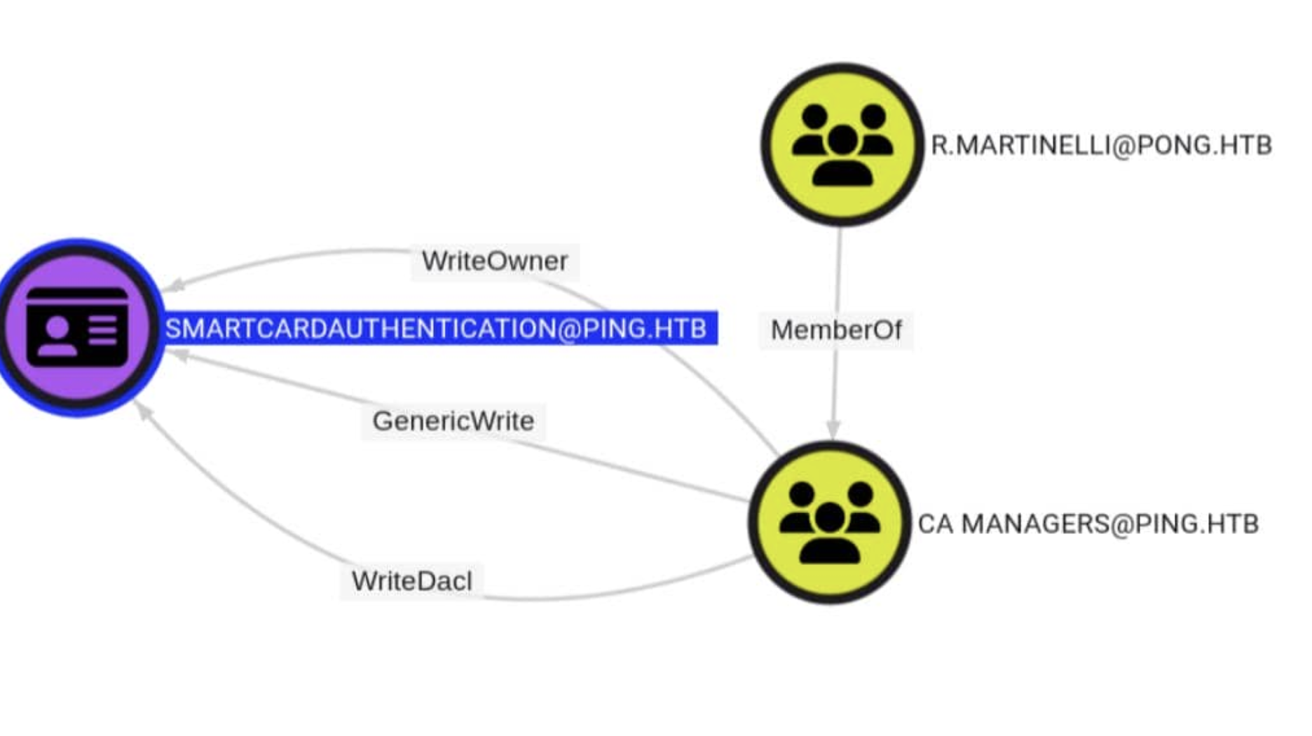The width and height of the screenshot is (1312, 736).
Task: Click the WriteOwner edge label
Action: coord(494,261)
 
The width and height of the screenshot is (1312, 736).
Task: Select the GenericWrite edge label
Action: coord(453,421)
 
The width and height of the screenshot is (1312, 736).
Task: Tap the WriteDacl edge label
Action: coord(411,581)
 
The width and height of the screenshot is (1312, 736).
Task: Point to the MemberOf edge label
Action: coord(835,330)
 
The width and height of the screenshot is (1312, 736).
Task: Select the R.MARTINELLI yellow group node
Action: coord(842,144)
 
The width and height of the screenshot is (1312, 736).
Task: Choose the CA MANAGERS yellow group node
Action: coord(830,523)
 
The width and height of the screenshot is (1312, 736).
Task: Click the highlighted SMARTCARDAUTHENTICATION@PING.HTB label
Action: coord(436,329)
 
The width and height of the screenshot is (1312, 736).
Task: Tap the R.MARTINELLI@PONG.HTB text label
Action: coord(1100,145)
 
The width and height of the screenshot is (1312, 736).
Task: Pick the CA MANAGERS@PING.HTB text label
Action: coord(1088,524)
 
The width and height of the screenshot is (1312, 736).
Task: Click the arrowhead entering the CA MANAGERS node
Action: coord(833,429)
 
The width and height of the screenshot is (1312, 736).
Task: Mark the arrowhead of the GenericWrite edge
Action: coord(179,355)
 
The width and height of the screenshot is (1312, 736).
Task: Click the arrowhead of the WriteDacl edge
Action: coord(143,411)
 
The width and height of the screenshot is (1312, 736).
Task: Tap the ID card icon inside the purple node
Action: coord(77,327)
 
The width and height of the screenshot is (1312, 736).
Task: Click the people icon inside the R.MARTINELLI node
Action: coord(842,145)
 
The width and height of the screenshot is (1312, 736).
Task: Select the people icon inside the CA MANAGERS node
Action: coord(830,523)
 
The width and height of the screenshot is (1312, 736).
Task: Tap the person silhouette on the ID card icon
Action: coord(57,335)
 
